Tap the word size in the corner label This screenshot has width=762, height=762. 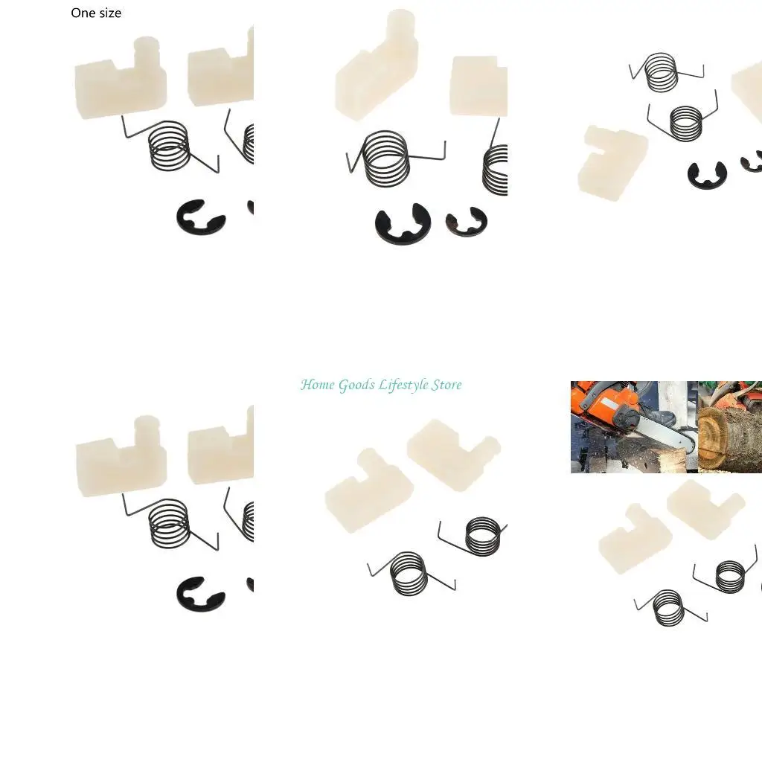[x=109, y=13]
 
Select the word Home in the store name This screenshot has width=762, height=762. [x=318, y=385]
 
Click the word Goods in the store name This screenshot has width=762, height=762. [x=357, y=385]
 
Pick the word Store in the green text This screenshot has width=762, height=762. [x=446, y=385]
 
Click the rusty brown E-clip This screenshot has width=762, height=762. [x=466, y=221]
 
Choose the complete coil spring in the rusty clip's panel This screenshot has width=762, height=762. [x=385, y=159]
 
